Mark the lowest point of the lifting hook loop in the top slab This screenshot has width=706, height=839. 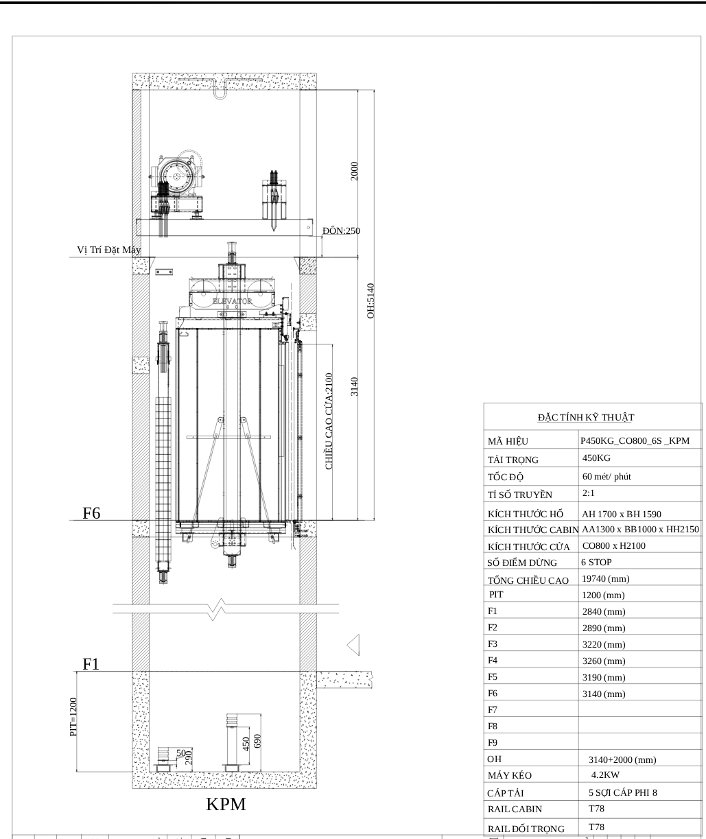[220, 99]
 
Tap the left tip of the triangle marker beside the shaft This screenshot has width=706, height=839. [346, 646]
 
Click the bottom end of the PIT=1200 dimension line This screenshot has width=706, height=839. [76, 772]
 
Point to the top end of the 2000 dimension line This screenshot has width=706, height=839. [358, 90]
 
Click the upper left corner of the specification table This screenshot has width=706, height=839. [484, 403]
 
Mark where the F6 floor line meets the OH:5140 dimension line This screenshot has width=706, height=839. [375, 520]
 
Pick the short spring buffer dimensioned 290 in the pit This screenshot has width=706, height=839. [163, 759]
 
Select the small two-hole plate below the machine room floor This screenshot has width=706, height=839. [164, 272]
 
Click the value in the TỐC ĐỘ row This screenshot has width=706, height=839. [607, 477]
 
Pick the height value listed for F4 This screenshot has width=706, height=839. [604, 661]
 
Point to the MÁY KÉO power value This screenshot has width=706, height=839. [605, 775]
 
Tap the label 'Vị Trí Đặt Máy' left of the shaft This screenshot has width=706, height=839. [109, 250]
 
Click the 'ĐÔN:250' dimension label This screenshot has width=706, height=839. [341, 231]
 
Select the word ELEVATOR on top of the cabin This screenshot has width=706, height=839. [233, 301]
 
